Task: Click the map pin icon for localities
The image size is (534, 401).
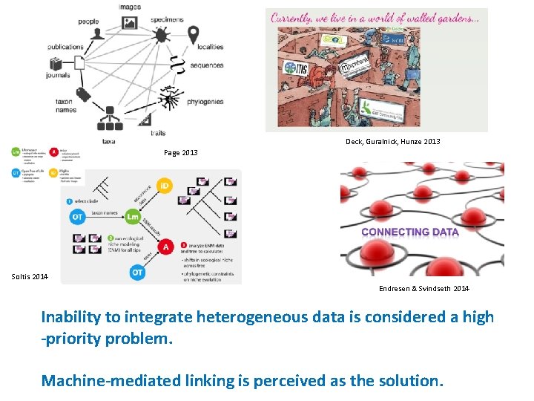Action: (193, 34)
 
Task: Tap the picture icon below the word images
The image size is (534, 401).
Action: (129, 23)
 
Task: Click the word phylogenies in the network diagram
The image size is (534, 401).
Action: (205, 102)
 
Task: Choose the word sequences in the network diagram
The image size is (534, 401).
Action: (206, 65)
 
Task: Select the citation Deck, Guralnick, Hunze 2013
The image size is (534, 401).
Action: (392, 141)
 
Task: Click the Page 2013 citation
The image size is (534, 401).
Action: (180, 153)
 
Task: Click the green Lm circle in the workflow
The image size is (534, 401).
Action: (133, 217)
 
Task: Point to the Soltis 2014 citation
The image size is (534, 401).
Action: (30, 277)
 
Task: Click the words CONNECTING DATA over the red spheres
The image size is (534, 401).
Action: (410, 232)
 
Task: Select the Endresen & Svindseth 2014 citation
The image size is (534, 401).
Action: (423, 288)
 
